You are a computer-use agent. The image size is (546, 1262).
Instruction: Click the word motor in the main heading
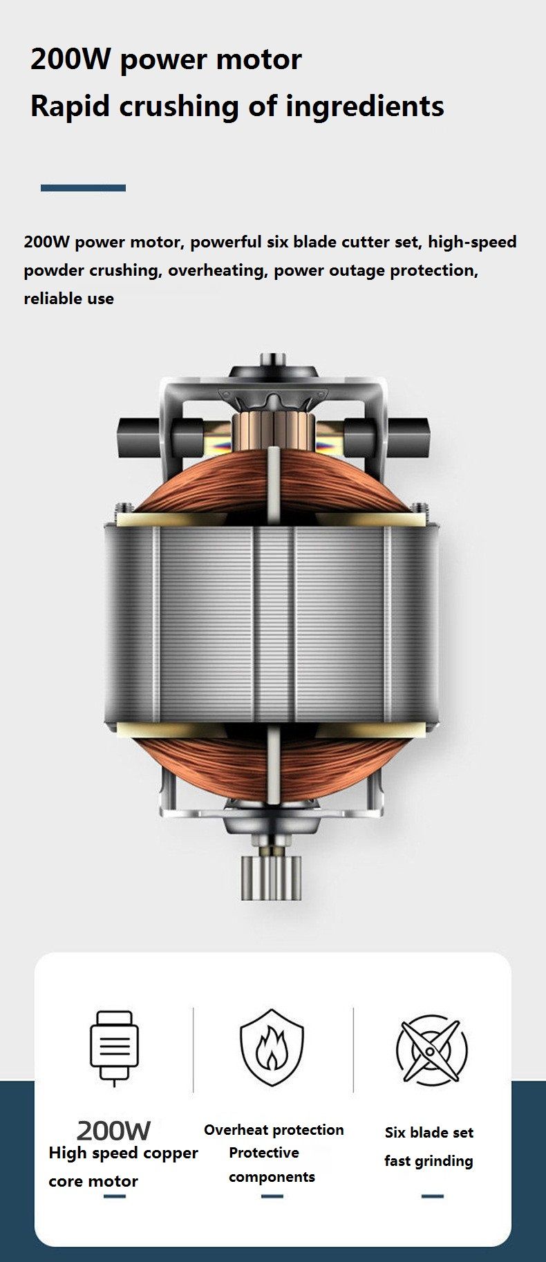[x=258, y=59]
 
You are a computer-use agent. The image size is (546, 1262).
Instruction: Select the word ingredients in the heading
[x=364, y=106]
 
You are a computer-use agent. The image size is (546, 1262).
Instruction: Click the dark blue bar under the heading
[x=83, y=188]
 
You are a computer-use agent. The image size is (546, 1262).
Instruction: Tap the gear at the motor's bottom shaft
[x=272, y=877]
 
